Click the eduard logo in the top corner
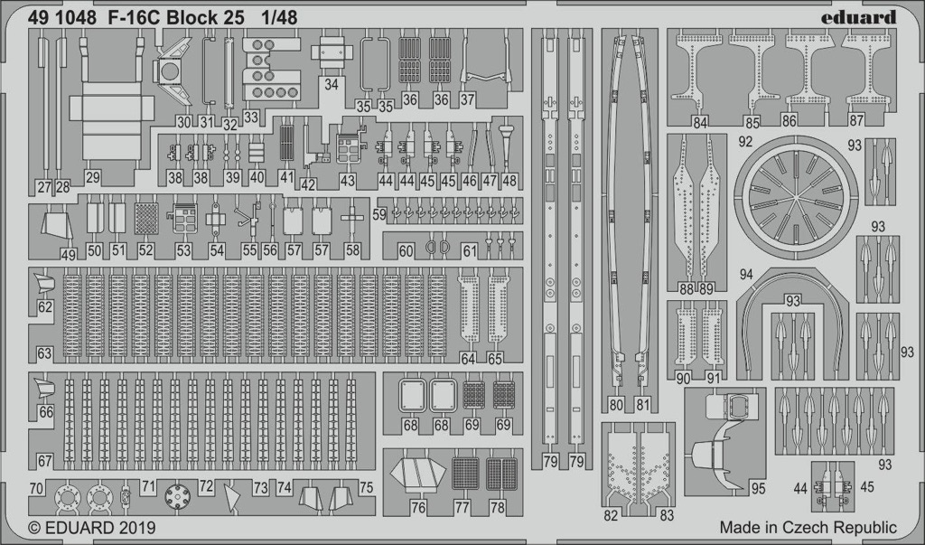(858, 17)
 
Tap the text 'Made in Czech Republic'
(808, 527)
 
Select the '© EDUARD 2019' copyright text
(91, 527)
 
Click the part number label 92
(745, 142)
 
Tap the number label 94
(746, 275)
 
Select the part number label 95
(758, 488)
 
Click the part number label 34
(331, 84)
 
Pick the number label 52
(145, 250)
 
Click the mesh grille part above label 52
(146, 219)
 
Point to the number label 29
(92, 176)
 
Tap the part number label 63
(44, 353)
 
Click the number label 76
(418, 507)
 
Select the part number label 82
(612, 515)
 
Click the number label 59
(379, 215)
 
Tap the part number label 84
(700, 123)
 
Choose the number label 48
(509, 181)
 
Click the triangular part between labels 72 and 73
(232, 498)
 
